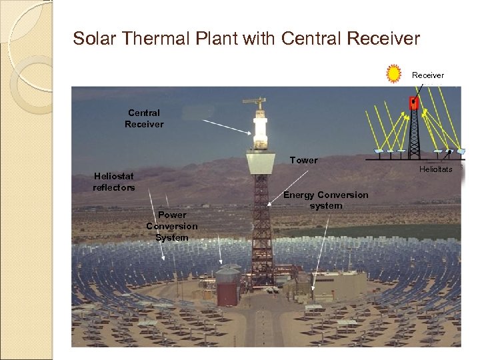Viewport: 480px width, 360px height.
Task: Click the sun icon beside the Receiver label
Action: click(394, 73)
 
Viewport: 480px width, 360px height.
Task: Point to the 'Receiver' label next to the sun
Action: click(427, 75)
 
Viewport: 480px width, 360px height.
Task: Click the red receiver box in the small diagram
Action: click(413, 103)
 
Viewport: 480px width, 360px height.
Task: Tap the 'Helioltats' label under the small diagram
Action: click(435, 169)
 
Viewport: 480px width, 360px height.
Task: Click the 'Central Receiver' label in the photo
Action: click(143, 119)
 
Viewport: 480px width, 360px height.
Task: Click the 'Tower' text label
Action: click(303, 161)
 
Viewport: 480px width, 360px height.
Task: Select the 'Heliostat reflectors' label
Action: click(113, 181)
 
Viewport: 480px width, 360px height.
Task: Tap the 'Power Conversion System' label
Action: click(171, 226)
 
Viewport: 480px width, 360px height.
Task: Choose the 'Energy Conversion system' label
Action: click(325, 200)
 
